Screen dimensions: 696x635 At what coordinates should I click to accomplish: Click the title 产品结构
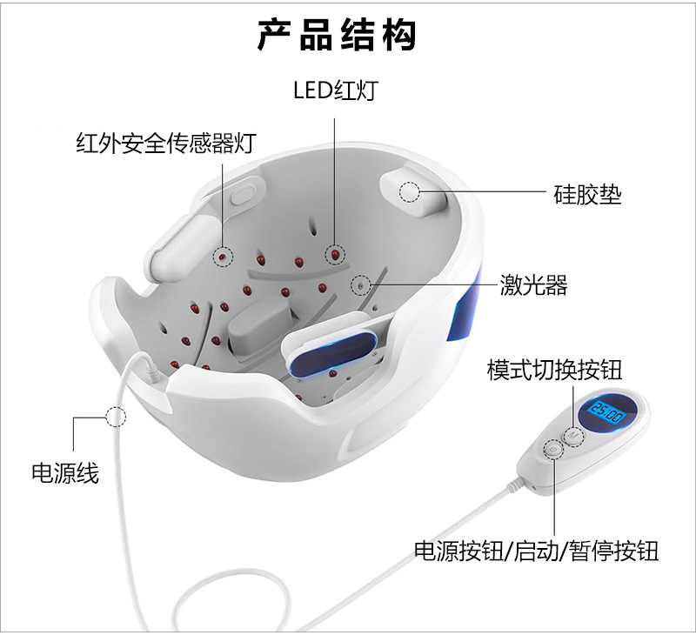(x=338, y=36)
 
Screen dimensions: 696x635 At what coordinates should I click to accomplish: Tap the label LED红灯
(x=334, y=90)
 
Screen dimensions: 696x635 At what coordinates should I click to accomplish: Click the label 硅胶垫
(x=588, y=192)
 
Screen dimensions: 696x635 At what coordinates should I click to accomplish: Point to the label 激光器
(x=533, y=284)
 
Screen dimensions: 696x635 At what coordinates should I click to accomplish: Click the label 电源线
(x=64, y=473)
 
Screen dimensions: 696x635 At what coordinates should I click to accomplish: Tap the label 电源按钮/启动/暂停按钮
(x=536, y=551)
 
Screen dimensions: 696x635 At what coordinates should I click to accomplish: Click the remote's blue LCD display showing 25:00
(x=606, y=411)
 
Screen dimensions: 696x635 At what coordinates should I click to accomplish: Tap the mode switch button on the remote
(x=574, y=435)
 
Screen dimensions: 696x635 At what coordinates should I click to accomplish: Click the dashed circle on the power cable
(x=116, y=416)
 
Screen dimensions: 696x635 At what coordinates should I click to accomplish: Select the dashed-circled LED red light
(x=334, y=253)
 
